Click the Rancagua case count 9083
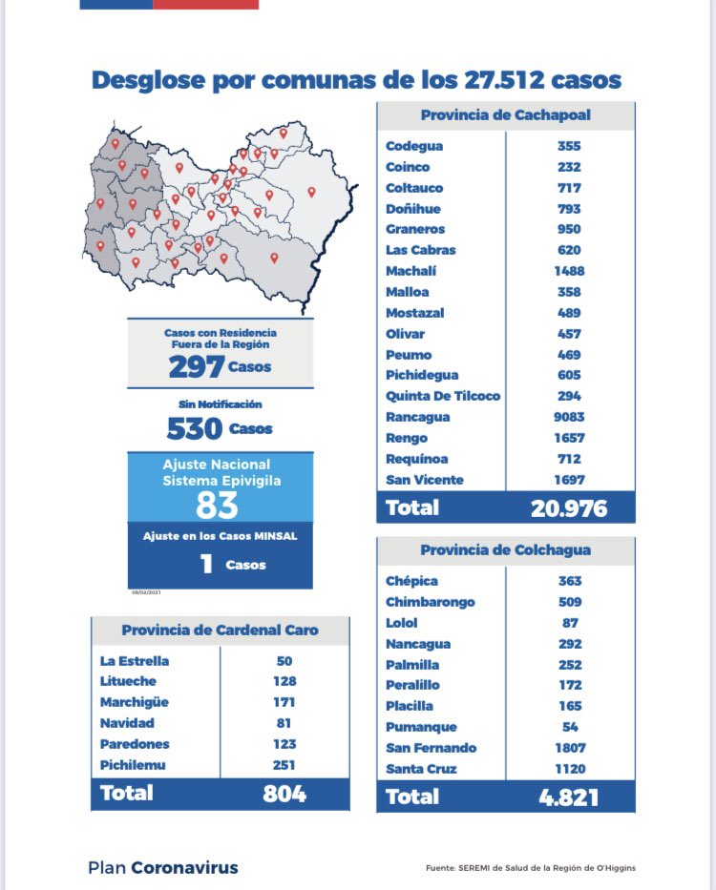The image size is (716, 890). pos(570,417)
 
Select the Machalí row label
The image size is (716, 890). pos(408,271)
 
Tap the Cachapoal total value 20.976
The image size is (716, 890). pos(569,508)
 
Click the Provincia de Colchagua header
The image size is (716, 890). pos(505,550)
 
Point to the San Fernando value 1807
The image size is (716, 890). pos(570,748)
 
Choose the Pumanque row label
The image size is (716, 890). pos(415,727)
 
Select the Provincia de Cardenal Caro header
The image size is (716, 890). pos(221,631)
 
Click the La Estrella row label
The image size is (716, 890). pos(134,660)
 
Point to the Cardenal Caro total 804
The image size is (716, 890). pos(284,793)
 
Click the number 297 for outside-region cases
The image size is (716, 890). pos(196,366)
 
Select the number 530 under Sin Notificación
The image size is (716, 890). pos(195,428)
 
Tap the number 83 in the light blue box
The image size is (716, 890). pos(217,505)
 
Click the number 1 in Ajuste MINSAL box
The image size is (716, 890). pos(206,565)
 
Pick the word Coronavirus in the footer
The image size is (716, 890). pos(184,868)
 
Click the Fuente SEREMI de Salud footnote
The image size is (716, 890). pos(531,868)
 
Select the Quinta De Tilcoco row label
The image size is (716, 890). pos(443,396)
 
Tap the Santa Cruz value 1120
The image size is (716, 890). pos(570,769)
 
